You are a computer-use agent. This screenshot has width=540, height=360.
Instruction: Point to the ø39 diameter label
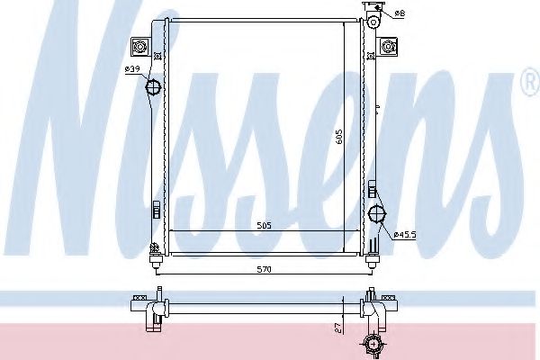(x=131, y=69)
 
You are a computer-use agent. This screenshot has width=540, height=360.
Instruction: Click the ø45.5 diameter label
(x=404, y=235)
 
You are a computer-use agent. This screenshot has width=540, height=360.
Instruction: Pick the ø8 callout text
(x=400, y=13)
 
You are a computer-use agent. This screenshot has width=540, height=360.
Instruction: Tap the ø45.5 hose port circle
(x=376, y=213)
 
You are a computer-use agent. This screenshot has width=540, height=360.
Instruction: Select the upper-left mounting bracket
(x=140, y=46)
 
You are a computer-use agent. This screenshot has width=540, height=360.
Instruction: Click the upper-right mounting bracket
(x=389, y=46)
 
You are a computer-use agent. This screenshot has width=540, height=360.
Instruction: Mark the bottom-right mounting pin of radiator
(x=370, y=261)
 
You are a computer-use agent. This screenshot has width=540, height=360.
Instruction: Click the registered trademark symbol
(x=526, y=85)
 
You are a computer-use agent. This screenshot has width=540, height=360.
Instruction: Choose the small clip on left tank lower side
(x=155, y=210)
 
